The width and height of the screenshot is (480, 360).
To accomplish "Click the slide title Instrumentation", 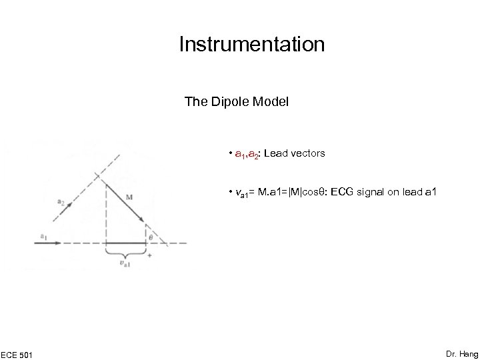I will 252,45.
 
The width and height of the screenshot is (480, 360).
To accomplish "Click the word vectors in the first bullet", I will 306,153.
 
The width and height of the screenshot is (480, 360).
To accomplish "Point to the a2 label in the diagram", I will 60,200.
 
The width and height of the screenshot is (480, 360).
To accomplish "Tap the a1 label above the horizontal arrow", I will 43,235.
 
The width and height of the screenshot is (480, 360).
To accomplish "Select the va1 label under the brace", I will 125,264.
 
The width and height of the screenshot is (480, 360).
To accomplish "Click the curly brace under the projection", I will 125,253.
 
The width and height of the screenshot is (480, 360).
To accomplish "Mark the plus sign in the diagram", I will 149,255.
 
